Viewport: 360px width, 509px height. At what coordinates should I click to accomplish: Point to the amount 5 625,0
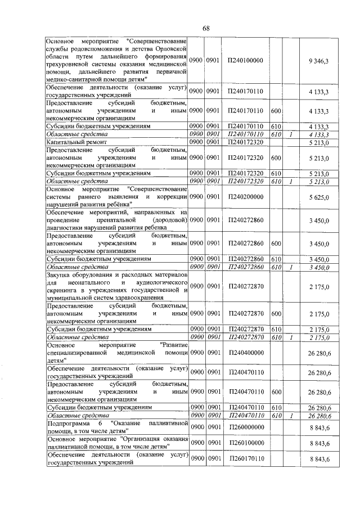pos(318,197)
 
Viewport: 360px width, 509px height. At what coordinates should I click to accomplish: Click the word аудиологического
pos(161,282)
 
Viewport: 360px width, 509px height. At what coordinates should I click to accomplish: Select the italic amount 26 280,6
pos(318,415)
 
